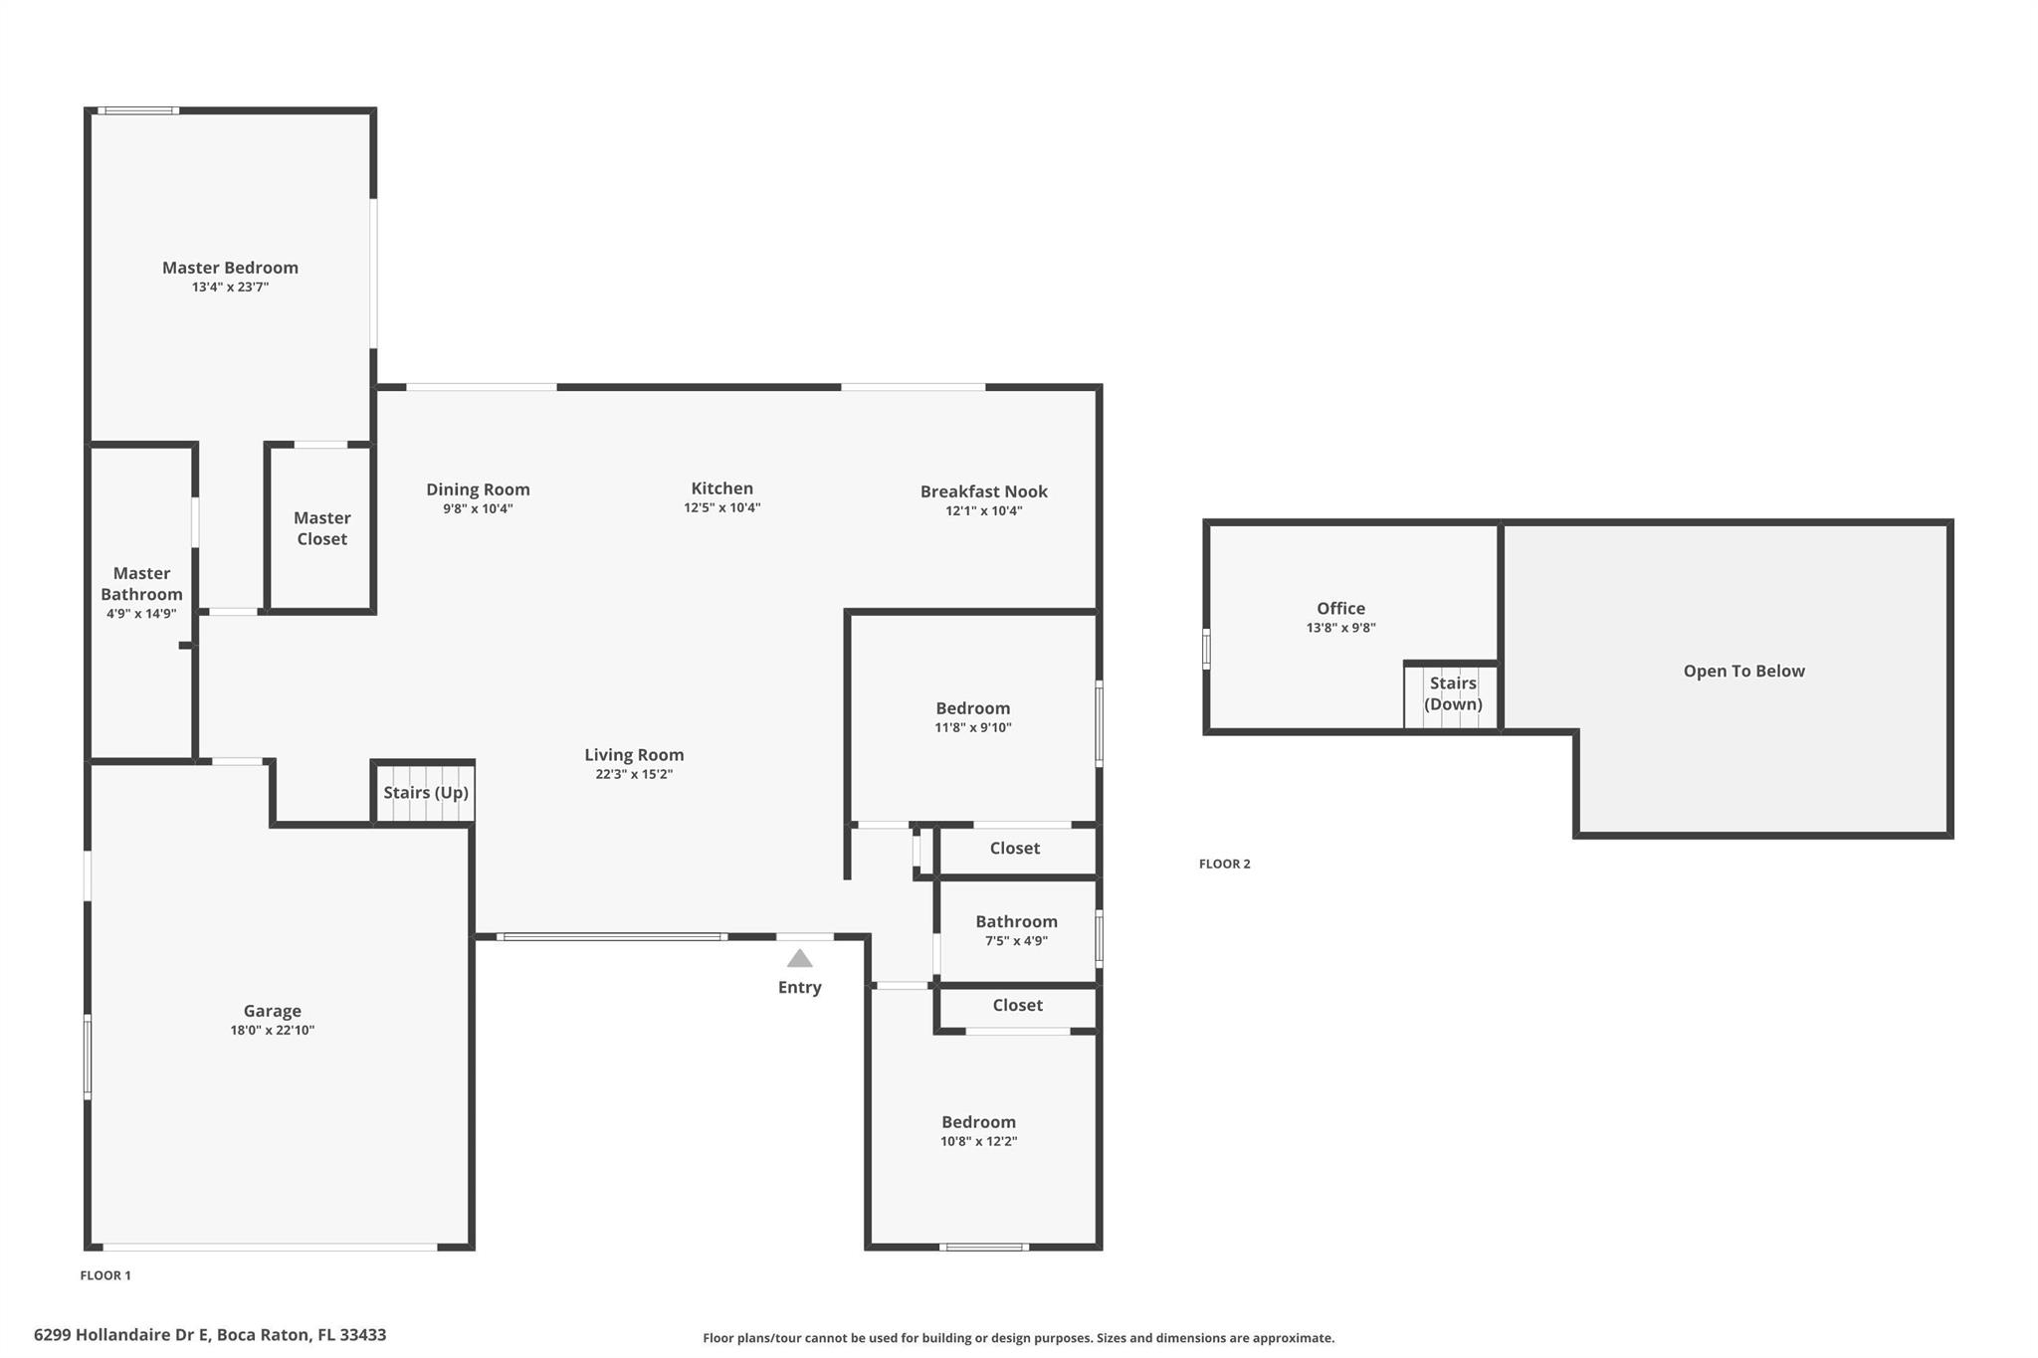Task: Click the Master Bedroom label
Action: click(x=230, y=268)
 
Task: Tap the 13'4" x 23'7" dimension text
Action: click(x=230, y=288)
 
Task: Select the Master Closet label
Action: click(x=321, y=528)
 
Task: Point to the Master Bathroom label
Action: click(x=141, y=584)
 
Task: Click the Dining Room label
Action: click(x=478, y=489)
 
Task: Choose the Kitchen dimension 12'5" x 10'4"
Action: click(x=721, y=507)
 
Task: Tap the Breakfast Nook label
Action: click(x=983, y=491)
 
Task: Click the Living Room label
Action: click(x=634, y=755)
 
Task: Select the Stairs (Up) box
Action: click(x=423, y=793)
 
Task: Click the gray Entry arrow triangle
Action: click(x=799, y=959)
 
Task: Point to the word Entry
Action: click(x=799, y=988)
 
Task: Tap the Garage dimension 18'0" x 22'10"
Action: click(x=272, y=1031)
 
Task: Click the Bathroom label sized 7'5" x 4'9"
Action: click(x=1016, y=922)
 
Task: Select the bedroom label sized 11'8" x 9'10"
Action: click(x=972, y=708)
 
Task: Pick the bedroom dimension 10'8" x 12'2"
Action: click(x=978, y=1142)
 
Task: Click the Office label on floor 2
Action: click(x=1340, y=609)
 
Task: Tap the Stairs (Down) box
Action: click(x=1452, y=695)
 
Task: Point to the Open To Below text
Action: click(x=1743, y=672)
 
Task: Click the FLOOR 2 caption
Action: click(x=1224, y=865)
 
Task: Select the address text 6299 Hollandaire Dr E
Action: click(x=121, y=1335)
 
